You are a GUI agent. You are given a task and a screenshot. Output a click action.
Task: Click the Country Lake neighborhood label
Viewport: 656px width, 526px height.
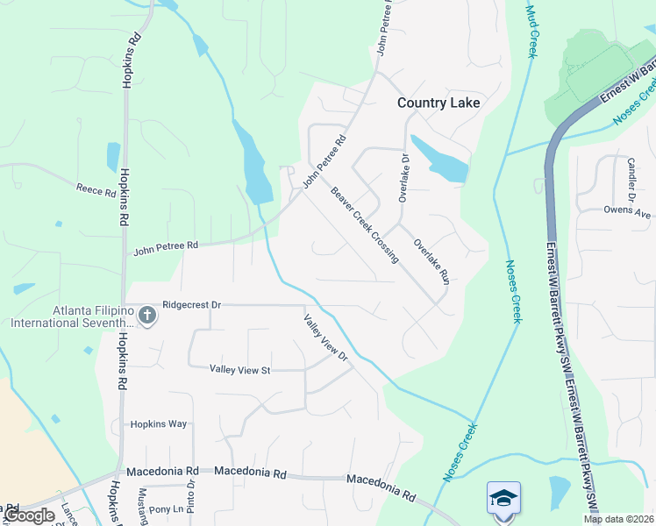tap(439, 103)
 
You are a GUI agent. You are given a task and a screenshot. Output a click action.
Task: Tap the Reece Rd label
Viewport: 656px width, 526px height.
tap(96, 189)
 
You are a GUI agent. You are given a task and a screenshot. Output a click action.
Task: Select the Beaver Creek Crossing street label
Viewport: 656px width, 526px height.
tap(364, 224)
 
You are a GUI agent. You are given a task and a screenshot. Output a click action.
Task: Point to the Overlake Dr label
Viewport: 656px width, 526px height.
tap(404, 179)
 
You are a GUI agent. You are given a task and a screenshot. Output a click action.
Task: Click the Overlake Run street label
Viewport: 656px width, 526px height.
tap(431, 260)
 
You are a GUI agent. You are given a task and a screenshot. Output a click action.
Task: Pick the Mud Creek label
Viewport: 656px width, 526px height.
tap(531, 31)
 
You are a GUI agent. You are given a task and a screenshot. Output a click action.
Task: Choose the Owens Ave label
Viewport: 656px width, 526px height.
tap(627, 211)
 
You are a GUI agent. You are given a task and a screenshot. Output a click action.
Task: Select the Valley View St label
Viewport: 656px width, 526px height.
tap(239, 371)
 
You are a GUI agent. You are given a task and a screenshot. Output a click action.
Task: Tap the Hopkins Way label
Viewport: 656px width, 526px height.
tap(159, 424)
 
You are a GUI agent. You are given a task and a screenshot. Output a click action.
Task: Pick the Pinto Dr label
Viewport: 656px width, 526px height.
tap(190, 495)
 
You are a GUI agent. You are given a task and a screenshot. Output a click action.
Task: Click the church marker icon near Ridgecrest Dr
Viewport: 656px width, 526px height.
tap(147, 314)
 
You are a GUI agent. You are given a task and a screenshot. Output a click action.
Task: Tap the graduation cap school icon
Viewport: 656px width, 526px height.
tap(503, 498)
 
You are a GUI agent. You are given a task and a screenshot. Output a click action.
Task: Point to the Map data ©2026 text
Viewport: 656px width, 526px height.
tap(619, 519)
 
